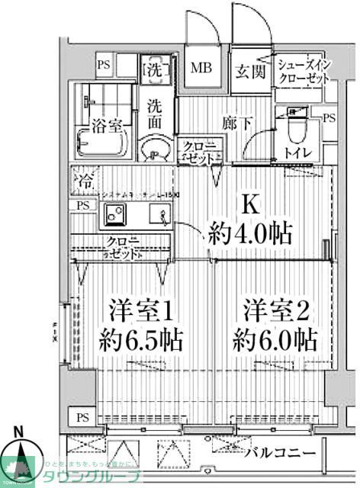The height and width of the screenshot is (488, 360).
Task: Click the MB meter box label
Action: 201,69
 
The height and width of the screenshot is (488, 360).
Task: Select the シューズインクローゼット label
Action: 302,72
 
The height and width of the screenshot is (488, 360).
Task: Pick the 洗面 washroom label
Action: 156,114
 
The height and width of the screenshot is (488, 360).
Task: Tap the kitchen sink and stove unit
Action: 134,218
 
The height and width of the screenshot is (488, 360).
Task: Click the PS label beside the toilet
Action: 328,118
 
